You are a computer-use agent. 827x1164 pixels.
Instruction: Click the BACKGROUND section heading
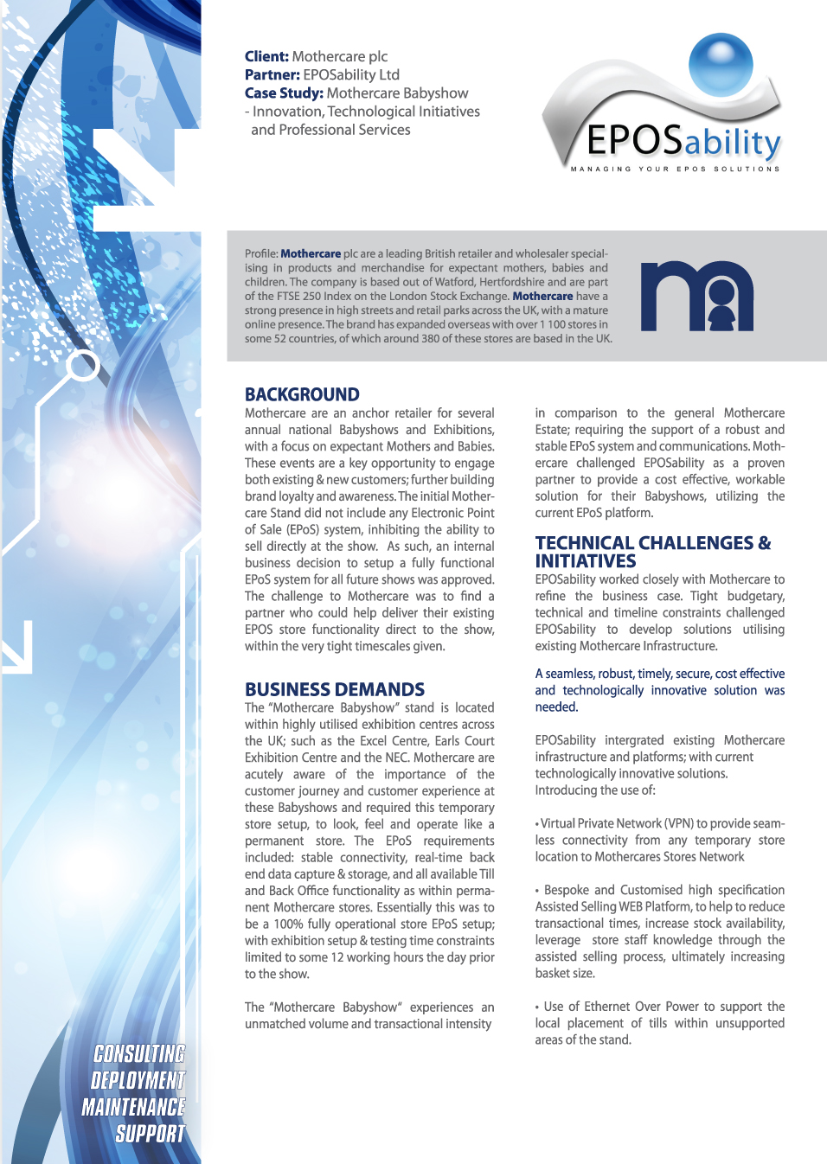[x=302, y=394]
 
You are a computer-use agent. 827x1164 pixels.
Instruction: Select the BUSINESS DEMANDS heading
[x=335, y=689]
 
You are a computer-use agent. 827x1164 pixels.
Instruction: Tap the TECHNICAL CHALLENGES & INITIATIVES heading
[x=652, y=552]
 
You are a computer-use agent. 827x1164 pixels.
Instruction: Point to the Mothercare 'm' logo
[x=696, y=297]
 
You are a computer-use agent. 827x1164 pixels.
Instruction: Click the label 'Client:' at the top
[x=266, y=56]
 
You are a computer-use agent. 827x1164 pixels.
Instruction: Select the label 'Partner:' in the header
[x=272, y=74]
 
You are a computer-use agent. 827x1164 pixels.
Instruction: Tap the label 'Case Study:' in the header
[x=284, y=93]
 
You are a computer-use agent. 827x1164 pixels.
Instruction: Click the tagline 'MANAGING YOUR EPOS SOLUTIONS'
[x=675, y=169]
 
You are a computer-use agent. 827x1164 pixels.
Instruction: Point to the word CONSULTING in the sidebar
[x=139, y=1053]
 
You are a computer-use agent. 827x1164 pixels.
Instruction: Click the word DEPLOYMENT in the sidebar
[x=138, y=1080]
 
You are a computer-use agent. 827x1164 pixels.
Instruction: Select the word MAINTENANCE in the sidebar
[x=133, y=1107]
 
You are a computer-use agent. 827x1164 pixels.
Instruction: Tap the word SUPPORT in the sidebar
[x=150, y=1134]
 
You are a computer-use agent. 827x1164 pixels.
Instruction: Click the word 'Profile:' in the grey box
[x=261, y=253]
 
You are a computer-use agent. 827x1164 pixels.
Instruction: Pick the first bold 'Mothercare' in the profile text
[x=311, y=253]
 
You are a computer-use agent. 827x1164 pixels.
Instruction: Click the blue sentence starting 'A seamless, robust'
[x=659, y=690]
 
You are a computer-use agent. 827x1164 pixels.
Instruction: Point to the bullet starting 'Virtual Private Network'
[x=659, y=840]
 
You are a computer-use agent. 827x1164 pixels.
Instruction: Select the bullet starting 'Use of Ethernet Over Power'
[x=659, y=1023]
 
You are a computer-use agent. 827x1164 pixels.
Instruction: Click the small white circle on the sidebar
[x=84, y=366]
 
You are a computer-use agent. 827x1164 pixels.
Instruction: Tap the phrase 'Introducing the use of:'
[x=595, y=790]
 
